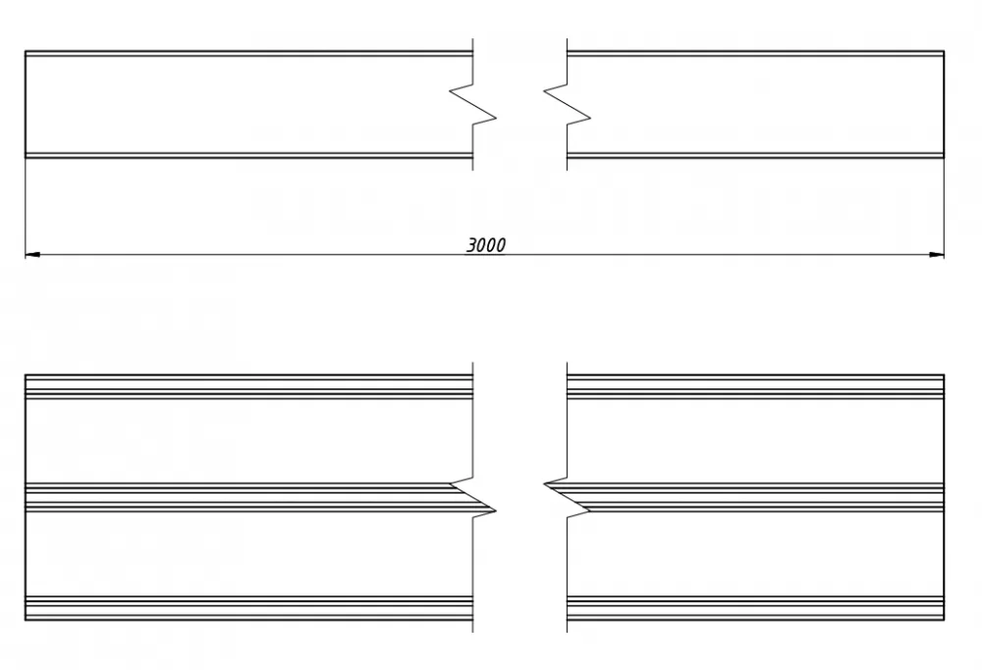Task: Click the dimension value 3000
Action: (486, 244)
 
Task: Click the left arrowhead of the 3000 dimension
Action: (32, 255)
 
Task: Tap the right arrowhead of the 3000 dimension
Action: (936, 255)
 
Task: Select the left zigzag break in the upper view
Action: (473, 104)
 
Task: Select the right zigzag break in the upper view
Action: (567, 104)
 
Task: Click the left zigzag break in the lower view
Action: (473, 497)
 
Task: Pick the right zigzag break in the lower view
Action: (567, 497)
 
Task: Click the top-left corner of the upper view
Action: (26, 51)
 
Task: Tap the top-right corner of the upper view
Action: (944, 51)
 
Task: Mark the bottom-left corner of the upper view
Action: (26, 158)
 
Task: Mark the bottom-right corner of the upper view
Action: (944, 158)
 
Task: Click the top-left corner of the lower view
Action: (26, 376)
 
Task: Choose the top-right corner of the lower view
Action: (944, 376)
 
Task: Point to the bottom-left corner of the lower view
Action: (26, 620)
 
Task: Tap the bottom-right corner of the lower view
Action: (944, 620)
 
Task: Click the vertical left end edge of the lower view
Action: (26, 497)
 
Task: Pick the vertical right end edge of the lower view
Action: (944, 497)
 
